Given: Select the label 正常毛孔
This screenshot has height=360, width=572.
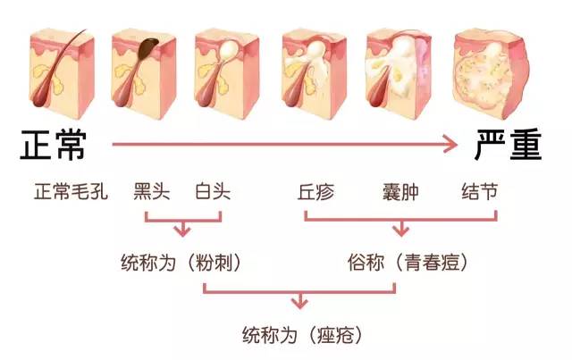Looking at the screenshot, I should (x=71, y=192).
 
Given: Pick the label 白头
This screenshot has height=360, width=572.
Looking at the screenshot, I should (x=212, y=192).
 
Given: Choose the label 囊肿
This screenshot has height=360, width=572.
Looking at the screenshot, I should (x=398, y=192).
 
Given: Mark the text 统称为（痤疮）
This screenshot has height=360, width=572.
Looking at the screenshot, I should (x=301, y=337).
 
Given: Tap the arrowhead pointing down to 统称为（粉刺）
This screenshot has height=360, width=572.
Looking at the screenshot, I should (x=181, y=231).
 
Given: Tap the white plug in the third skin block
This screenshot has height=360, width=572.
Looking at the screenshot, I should (x=230, y=45).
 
